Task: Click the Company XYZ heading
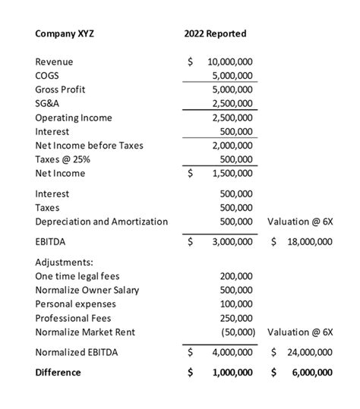pyautogui.click(x=65, y=33)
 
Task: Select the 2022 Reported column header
pyautogui.click(x=215, y=33)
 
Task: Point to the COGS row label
pyautogui.click(x=47, y=76)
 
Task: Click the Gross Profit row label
pyautogui.click(x=60, y=90)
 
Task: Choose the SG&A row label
pyautogui.click(x=47, y=103)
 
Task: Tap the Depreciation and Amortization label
pyautogui.click(x=101, y=221)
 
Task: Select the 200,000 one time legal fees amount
pyautogui.click(x=237, y=276)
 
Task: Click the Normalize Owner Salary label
pyautogui.click(x=87, y=290)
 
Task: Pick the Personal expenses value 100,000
pyautogui.click(x=237, y=304)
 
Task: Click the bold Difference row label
pyautogui.click(x=58, y=373)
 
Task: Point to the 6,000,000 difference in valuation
pyautogui.click(x=308, y=373)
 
